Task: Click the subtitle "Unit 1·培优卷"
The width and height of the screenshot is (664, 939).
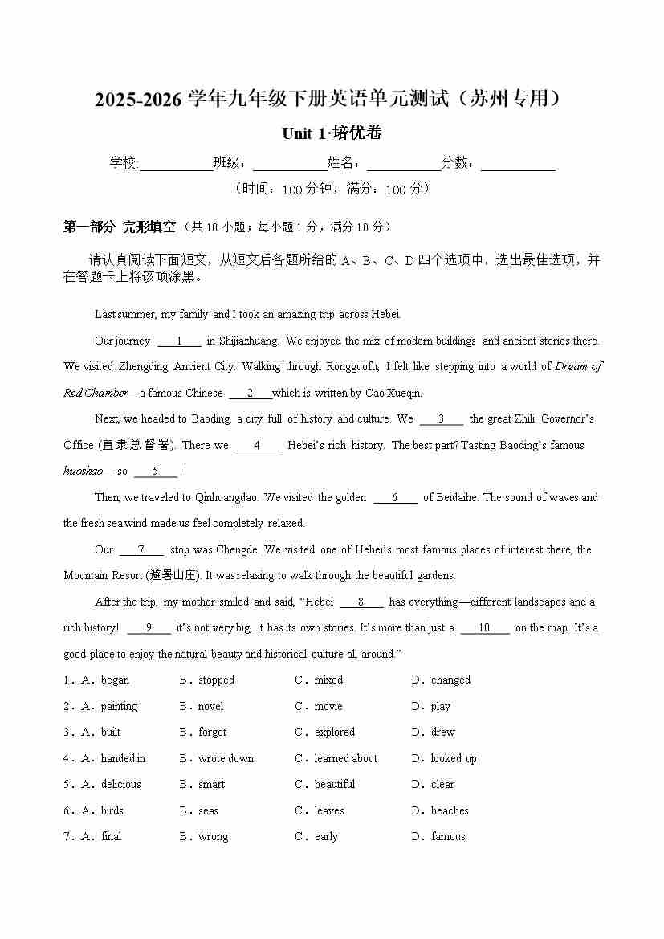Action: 332,133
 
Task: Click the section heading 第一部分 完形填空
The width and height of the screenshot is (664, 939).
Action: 119,227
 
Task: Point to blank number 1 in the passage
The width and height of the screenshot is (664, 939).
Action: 179,341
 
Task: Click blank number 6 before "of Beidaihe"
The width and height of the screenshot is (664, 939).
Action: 394,498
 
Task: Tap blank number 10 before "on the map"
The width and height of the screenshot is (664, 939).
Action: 484,628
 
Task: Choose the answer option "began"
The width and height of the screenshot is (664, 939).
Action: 115,680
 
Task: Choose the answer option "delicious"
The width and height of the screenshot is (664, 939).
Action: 120,785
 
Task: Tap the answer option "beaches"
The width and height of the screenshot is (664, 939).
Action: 450,811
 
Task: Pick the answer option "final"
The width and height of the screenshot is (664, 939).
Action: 111,837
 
